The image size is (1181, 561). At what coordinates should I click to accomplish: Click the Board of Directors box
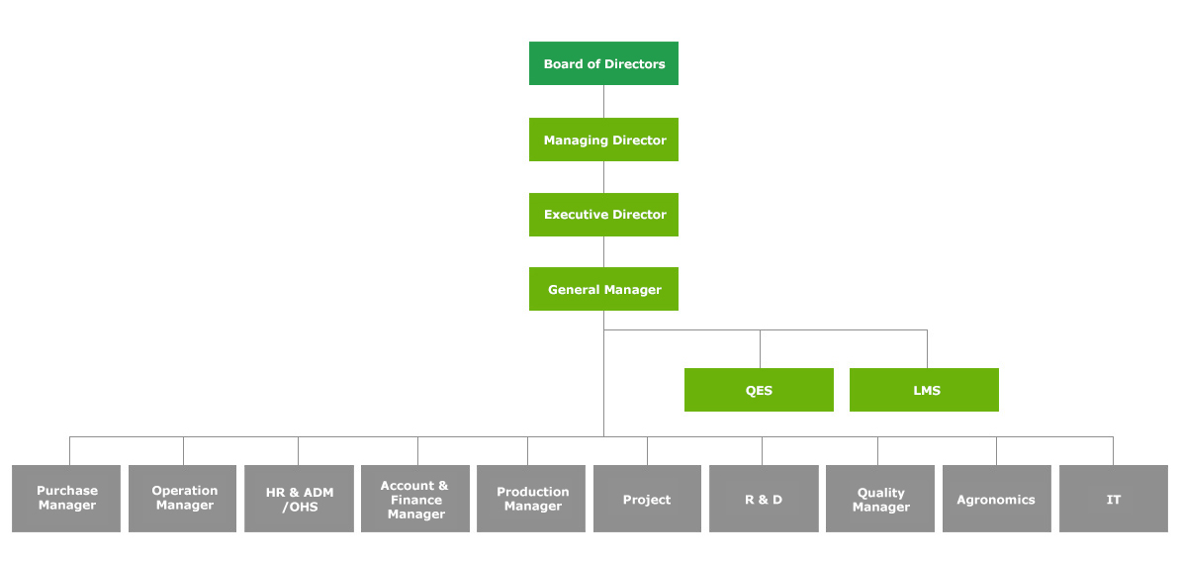603,63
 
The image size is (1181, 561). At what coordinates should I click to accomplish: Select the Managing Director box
603,140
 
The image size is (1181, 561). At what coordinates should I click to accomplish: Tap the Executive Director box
603,215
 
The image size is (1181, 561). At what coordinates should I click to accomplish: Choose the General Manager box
603,289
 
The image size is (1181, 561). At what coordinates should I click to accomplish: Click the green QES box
759,390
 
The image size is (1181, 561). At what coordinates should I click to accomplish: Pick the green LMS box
924,390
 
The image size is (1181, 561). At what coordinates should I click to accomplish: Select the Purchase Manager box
66,499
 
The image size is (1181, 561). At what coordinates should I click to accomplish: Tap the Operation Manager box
182,499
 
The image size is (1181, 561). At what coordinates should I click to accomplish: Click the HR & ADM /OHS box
299,499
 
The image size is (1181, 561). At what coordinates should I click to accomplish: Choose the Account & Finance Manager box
415,499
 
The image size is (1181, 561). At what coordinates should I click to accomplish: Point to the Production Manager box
531,499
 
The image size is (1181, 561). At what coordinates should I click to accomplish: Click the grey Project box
648,499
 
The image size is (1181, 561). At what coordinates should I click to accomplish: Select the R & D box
764,499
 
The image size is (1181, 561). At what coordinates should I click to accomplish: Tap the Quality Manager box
879,499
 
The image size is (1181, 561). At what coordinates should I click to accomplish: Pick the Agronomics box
996,499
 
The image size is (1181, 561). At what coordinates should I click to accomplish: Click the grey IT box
1113,499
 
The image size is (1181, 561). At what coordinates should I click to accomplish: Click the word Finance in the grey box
415,500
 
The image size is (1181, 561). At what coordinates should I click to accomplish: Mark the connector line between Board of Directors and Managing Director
603,101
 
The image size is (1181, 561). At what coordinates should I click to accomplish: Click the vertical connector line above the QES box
760,348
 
